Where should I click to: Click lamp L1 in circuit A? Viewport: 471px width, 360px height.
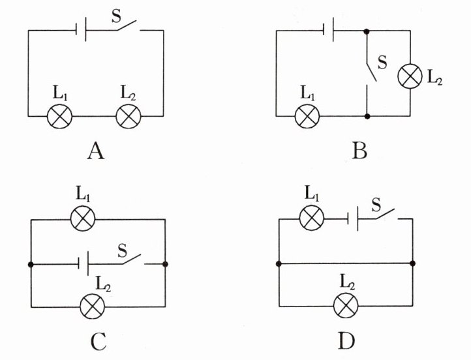click(x=60, y=116)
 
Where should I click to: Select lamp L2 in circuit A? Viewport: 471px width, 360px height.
click(x=129, y=116)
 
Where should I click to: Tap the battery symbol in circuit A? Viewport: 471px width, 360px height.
click(x=81, y=30)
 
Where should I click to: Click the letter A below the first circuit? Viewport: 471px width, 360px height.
click(x=96, y=151)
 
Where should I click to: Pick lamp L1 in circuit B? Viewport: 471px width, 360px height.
click(x=307, y=116)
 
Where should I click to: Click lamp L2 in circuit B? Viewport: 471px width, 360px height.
click(x=410, y=76)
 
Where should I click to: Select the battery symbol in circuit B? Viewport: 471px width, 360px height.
click(x=328, y=30)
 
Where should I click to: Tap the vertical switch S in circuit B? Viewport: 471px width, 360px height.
click(x=370, y=72)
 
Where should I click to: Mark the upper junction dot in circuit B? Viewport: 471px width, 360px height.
click(x=367, y=31)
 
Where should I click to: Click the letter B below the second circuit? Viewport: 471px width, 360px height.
click(x=359, y=151)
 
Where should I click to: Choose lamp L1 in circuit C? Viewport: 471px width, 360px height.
click(x=83, y=218)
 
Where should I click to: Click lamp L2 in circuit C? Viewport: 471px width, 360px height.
click(x=93, y=307)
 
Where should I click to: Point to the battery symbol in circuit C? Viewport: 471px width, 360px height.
click(x=84, y=264)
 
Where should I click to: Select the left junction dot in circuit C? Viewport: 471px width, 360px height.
click(x=31, y=265)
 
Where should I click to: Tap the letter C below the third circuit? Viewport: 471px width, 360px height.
click(x=99, y=342)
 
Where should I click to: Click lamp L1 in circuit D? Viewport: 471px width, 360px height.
click(x=312, y=218)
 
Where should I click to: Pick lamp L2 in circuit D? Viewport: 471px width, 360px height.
click(x=346, y=306)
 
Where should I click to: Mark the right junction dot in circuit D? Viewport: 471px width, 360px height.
click(x=413, y=263)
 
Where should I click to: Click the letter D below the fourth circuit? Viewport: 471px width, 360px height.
click(x=346, y=341)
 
